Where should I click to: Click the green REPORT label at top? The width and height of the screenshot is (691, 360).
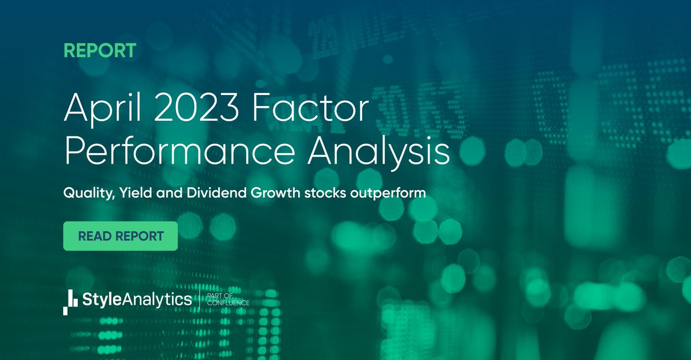[x=100, y=50]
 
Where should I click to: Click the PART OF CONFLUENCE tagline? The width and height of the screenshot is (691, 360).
[x=227, y=300]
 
